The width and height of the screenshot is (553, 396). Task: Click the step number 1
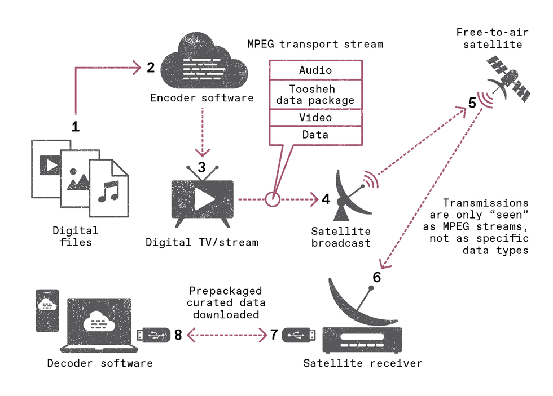point(75,126)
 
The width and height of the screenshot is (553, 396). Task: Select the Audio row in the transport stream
point(315,70)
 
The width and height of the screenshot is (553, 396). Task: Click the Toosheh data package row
point(315,95)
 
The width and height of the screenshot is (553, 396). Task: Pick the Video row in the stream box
point(315,118)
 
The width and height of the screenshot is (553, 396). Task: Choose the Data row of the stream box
point(315,135)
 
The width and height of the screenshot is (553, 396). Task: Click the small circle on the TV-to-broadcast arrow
point(273,199)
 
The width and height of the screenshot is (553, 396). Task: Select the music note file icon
point(109,188)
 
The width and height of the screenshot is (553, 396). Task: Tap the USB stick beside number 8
point(153,335)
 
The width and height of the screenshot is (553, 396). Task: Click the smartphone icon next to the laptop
point(47,311)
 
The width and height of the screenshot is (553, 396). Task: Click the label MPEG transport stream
point(315,44)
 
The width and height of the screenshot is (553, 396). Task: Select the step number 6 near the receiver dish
point(376,277)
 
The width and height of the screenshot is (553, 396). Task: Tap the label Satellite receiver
point(362,363)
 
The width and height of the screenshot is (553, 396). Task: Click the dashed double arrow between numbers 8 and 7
point(226,336)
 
